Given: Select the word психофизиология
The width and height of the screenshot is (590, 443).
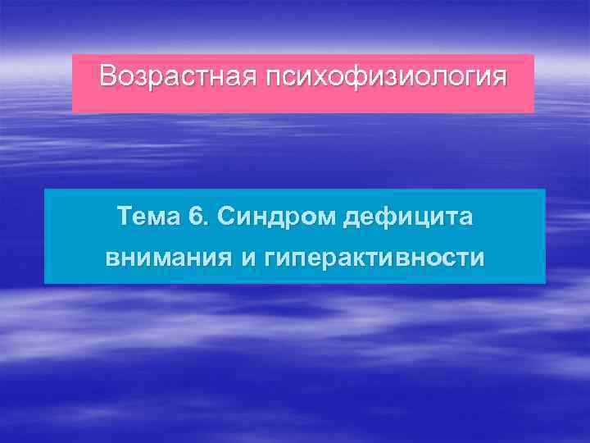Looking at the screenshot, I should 385,78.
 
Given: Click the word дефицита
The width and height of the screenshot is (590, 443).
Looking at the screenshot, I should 408,218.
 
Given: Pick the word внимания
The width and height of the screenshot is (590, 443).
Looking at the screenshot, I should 168,258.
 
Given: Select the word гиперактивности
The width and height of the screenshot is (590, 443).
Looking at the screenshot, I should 374,259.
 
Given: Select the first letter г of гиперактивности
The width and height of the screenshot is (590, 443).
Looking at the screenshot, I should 270,259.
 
